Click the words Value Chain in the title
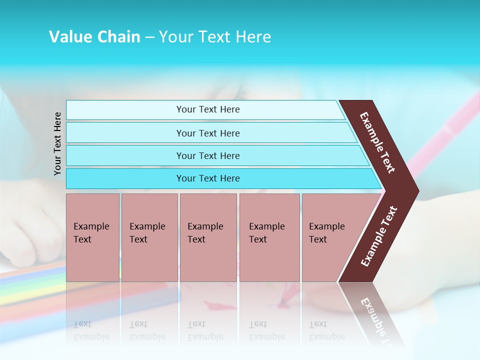[x=94, y=37]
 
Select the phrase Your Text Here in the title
[x=215, y=37]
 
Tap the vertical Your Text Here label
[x=57, y=143]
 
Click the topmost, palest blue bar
[x=205, y=109]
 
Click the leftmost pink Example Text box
[x=92, y=237]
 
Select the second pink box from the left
[x=149, y=237]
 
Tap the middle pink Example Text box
[x=208, y=237]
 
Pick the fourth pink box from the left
[x=269, y=237]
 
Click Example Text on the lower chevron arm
[x=379, y=236]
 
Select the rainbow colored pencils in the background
[x=30, y=285]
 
